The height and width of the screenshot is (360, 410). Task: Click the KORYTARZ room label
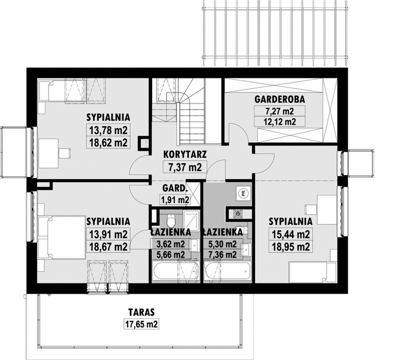click(185, 154)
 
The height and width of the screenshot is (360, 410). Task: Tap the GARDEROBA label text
click(280, 99)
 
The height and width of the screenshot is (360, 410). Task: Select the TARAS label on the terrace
click(142, 312)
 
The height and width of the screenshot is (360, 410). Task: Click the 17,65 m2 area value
click(142, 324)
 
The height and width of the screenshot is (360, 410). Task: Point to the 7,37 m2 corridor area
click(185, 167)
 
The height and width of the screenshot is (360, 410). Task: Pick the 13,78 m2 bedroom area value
click(108, 130)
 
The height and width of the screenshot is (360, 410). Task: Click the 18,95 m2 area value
click(291, 246)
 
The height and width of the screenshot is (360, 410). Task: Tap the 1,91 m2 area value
click(175, 200)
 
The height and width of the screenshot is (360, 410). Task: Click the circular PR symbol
click(243, 193)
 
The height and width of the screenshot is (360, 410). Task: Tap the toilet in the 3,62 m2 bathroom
click(171, 221)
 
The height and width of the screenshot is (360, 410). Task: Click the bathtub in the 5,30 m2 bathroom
click(227, 272)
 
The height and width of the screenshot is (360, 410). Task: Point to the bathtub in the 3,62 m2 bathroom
click(176, 272)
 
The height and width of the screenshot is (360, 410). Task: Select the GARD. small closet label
click(175, 188)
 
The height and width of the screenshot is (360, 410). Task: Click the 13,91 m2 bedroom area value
click(108, 234)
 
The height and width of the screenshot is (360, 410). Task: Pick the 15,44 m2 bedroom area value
click(291, 234)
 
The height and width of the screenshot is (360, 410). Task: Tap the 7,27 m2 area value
click(279, 111)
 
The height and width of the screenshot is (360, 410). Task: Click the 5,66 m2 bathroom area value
click(171, 255)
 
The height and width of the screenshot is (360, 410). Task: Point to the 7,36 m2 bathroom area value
click(223, 254)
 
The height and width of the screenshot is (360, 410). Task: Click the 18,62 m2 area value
click(108, 143)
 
